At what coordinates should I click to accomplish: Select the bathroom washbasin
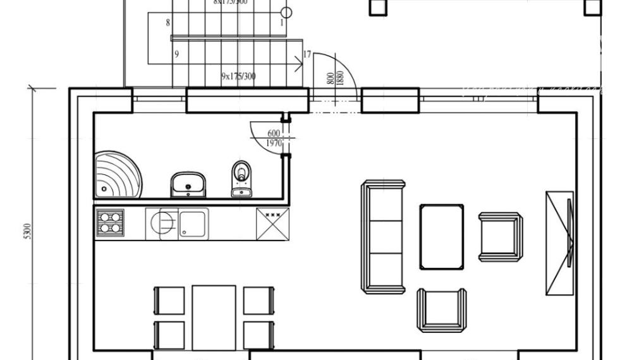tap(188, 184)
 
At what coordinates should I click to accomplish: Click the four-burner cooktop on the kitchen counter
tap(110, 223)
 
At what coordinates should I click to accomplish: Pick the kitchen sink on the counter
tap(192, 224)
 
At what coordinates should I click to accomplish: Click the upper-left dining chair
tap(169, 301)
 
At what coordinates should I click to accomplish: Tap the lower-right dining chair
tap(259, 335)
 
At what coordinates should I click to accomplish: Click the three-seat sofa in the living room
tap(383, 236)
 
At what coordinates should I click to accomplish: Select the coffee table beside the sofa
tap(441, 236)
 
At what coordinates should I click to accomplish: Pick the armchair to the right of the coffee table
tap(500, 236)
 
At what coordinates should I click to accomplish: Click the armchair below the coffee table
tap(441, 309)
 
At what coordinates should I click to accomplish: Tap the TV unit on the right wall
tap(560, 243)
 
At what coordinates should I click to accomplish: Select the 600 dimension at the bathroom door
tap(274, 133)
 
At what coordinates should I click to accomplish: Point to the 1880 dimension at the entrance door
tap(339, 78)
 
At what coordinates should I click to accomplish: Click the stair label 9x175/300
tap(238, 76)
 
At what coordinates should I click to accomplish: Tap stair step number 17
tap(307, 55)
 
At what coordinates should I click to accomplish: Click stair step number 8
tap(167, 23)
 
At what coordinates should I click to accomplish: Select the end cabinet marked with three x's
tap(272, 224)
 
